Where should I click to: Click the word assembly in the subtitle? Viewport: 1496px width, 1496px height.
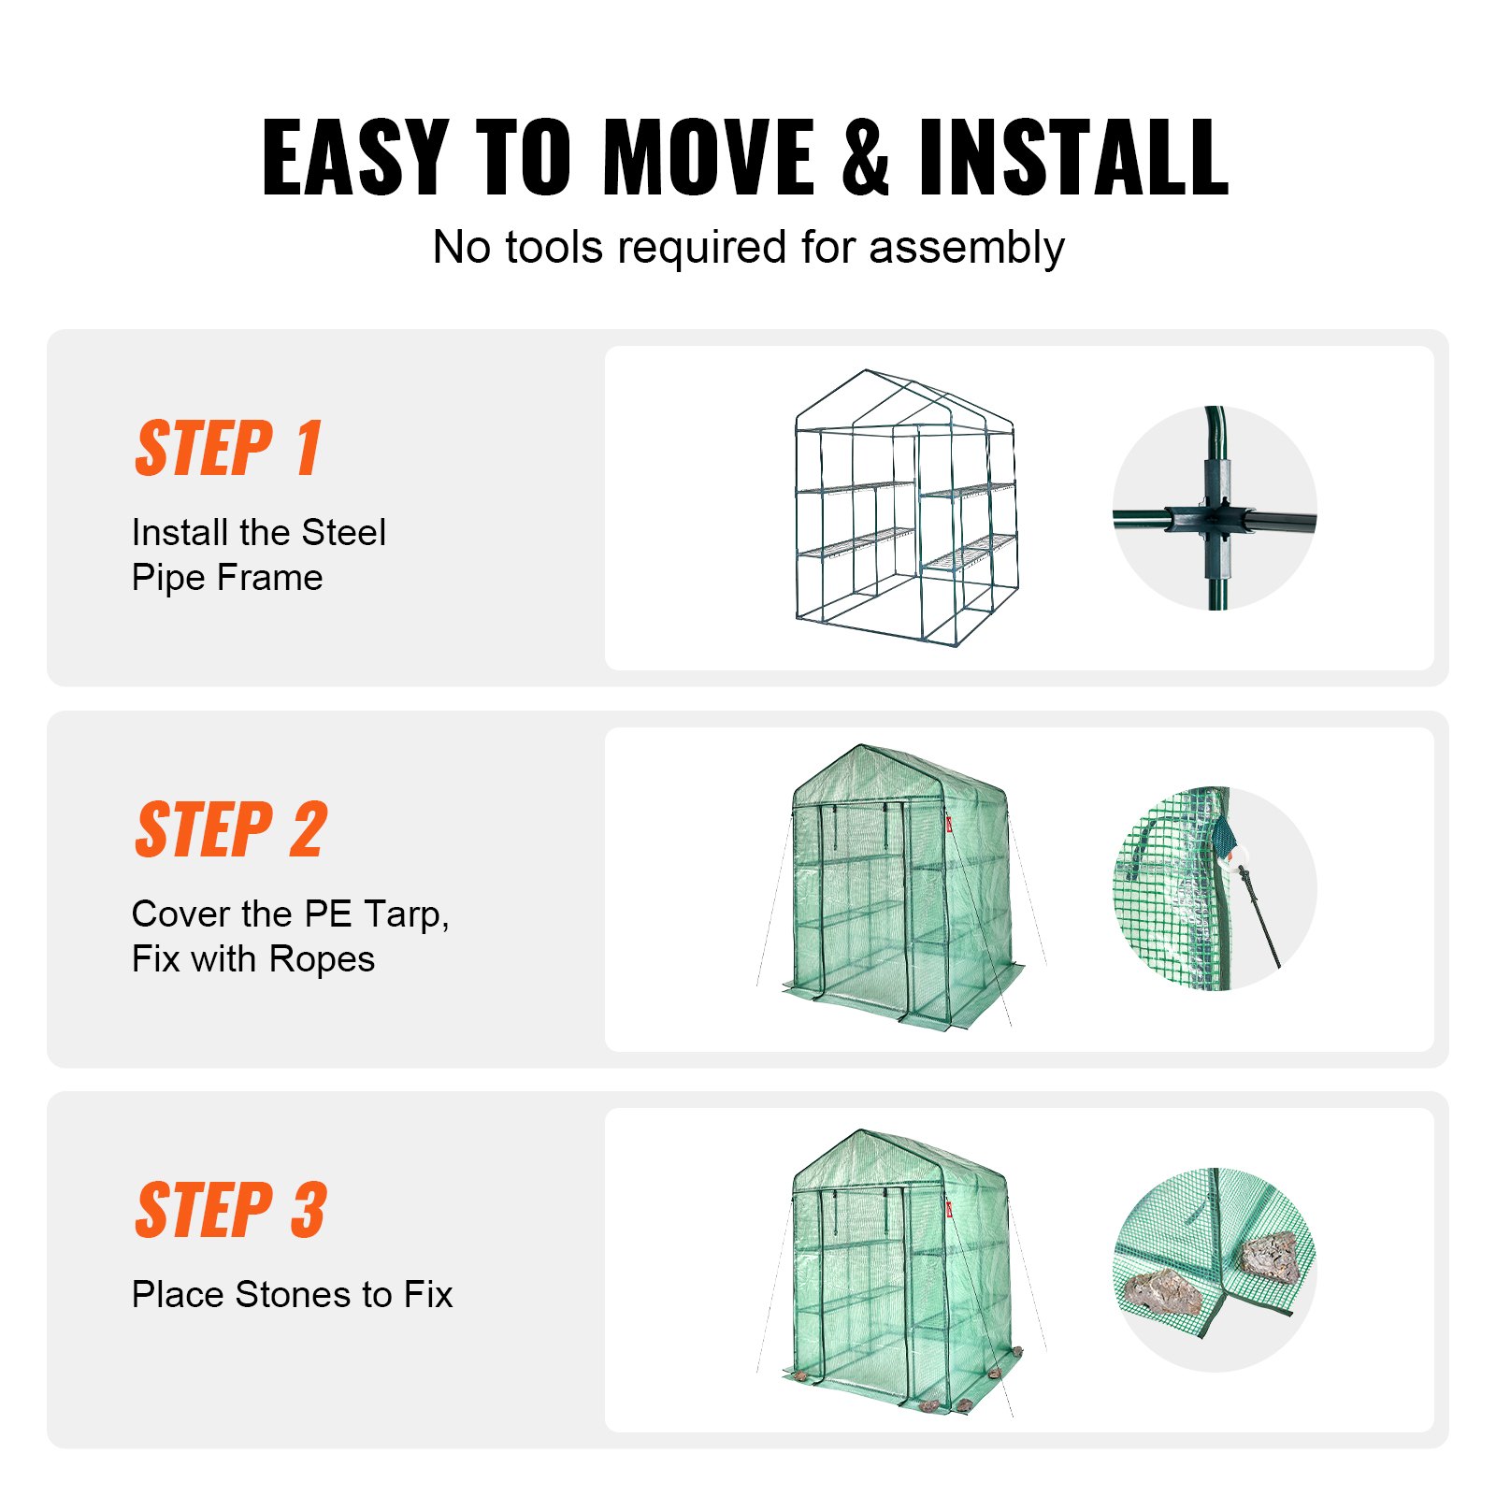[966, 249]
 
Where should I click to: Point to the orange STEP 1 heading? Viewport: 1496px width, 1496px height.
[229, 449]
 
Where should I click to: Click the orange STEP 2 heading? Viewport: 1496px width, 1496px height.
[231, 830]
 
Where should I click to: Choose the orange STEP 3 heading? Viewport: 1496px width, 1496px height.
[231, 1211]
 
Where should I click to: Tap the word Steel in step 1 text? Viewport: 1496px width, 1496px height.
[343, 533]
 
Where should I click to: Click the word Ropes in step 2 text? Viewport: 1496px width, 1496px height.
[322, 959]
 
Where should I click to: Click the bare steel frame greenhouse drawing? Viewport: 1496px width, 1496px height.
[904, 510]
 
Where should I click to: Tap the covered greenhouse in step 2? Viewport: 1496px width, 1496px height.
[902, 888]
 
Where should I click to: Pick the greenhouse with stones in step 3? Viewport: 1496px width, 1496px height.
[902, 1272]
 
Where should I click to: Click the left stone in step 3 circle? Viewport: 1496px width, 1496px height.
[1163, 1292]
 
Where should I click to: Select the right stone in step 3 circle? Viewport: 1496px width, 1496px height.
[1270, 1256]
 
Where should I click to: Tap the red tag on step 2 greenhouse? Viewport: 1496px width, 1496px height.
[948, 824]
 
